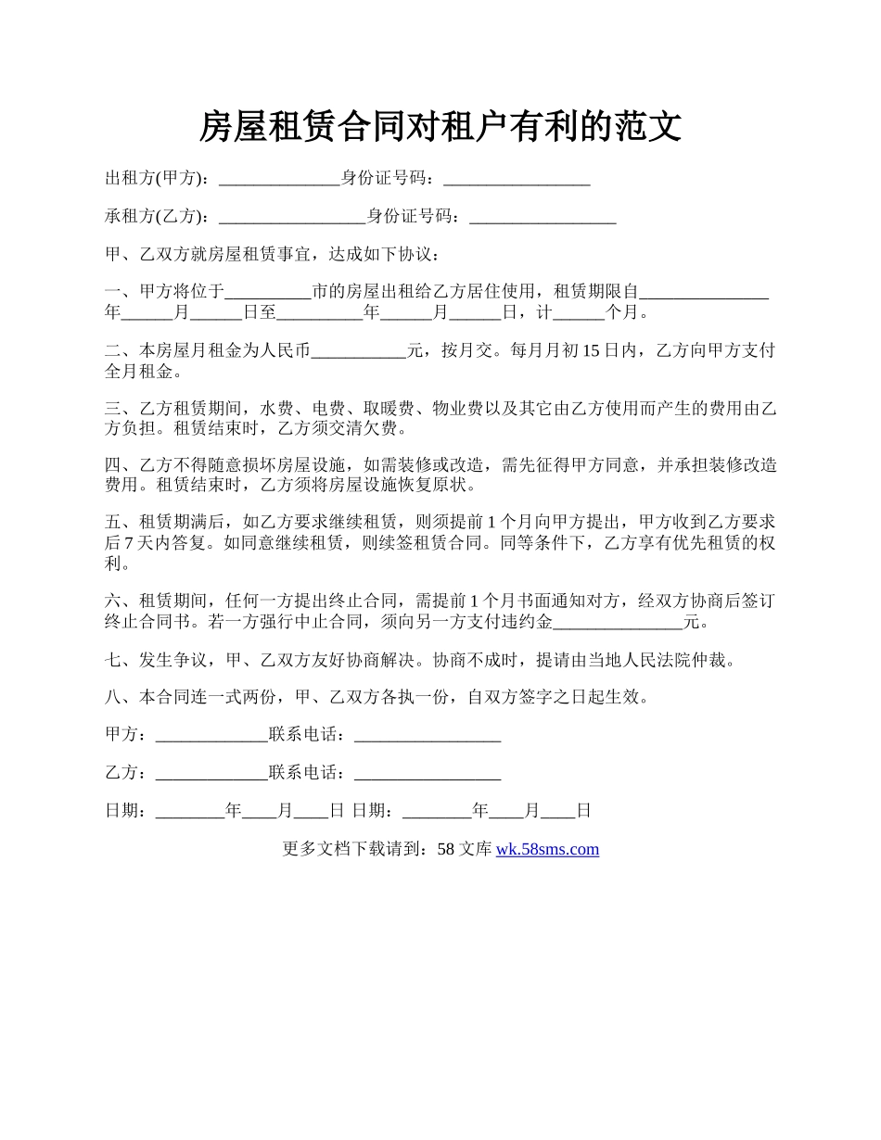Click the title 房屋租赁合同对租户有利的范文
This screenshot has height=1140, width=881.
coord(440,127)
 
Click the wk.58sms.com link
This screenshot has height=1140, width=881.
coord(547,849)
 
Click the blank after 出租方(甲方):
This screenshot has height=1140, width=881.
coord(278,180)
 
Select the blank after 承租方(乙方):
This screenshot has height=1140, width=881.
coord(291,218)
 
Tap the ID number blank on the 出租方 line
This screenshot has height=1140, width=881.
coord(517,180)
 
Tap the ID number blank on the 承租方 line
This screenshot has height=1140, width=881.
coord(543,218)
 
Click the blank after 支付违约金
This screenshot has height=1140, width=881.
coord(617,622)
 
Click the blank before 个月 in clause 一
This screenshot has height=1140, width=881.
coord(578,313)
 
